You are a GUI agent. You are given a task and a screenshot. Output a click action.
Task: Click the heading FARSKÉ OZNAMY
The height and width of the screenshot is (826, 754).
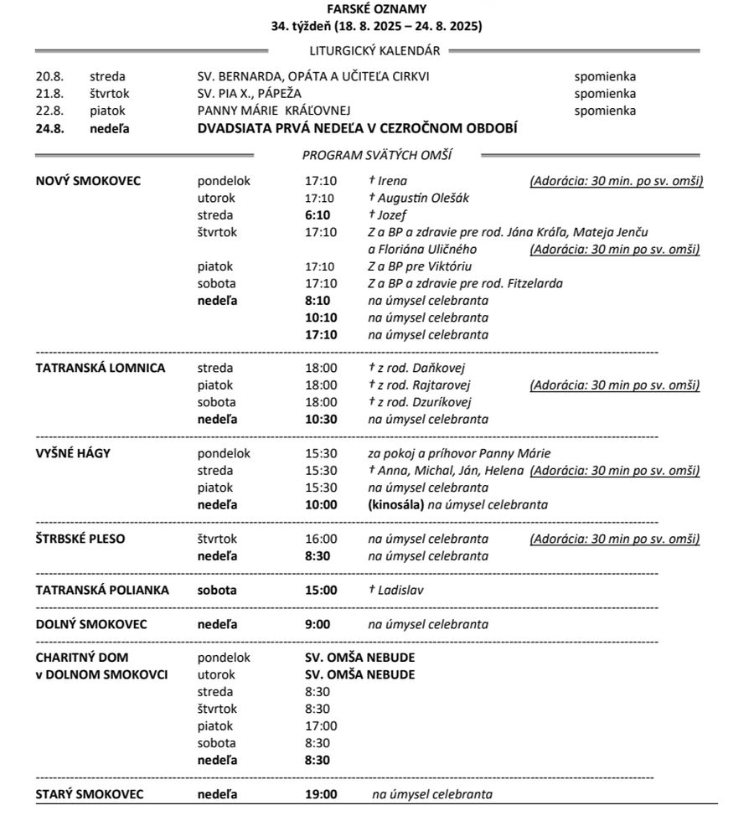376,9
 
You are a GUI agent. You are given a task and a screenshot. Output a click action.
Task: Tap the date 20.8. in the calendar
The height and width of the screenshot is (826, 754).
49,76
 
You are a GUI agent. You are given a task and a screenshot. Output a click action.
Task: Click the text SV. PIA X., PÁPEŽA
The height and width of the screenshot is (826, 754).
249,93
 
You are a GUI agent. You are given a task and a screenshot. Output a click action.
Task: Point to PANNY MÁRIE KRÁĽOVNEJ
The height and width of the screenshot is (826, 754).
273,111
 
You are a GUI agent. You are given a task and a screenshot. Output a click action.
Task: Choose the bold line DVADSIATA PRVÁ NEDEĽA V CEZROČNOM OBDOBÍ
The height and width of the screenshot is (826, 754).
357,128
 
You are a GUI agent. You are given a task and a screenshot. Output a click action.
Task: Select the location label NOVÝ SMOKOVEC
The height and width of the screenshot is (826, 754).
88,181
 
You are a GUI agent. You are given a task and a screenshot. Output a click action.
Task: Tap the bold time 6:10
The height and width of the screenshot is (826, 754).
318,215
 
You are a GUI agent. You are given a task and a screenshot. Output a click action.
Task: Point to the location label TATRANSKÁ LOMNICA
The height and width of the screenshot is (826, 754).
100,368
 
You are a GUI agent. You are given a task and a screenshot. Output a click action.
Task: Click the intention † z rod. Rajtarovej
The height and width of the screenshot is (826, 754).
420,385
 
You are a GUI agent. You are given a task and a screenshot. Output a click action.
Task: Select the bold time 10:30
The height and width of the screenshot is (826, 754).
321,419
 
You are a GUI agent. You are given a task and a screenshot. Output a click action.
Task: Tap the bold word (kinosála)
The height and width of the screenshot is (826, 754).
395,504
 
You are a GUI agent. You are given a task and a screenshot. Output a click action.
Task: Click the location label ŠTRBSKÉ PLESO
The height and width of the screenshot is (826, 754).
80,539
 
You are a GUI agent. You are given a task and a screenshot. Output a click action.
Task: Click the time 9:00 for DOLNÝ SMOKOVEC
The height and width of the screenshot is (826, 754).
318,624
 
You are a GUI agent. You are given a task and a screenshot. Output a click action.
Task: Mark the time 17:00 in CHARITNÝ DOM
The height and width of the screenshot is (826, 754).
321,726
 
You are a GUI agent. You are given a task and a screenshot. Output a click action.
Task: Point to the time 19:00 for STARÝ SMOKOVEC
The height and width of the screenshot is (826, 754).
321,794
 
